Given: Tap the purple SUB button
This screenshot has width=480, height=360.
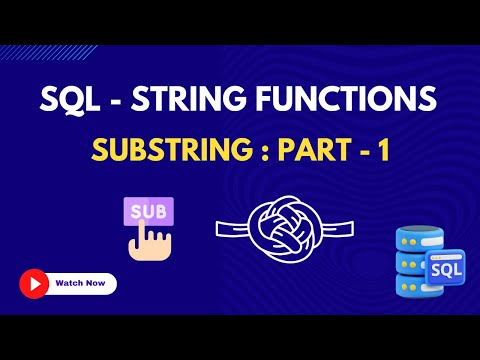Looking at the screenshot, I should [147, 211].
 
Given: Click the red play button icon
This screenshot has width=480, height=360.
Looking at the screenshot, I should [34, 283].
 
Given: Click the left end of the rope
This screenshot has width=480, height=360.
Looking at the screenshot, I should [221, 226].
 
